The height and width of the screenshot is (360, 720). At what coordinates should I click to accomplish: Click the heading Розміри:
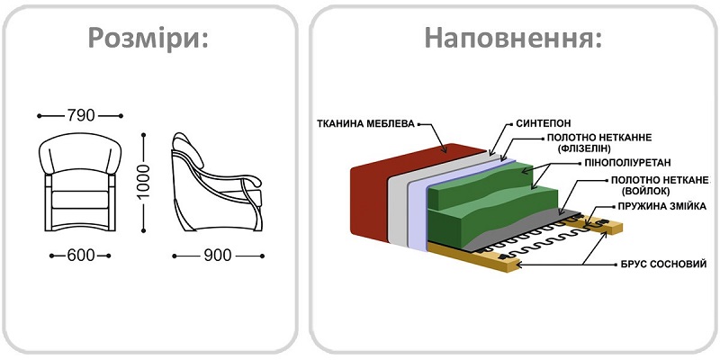[x=148, y=39]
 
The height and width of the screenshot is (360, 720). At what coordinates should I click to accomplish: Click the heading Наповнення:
[x=512, y=39]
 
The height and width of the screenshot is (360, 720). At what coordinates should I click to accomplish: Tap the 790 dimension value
[x=81, y=115]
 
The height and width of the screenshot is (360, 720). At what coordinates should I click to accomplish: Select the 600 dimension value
[x=80, y=256]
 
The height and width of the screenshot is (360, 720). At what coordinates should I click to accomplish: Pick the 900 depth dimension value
[x=217, y=256]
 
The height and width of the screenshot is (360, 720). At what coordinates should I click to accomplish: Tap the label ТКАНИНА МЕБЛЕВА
[x=364, y=122]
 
